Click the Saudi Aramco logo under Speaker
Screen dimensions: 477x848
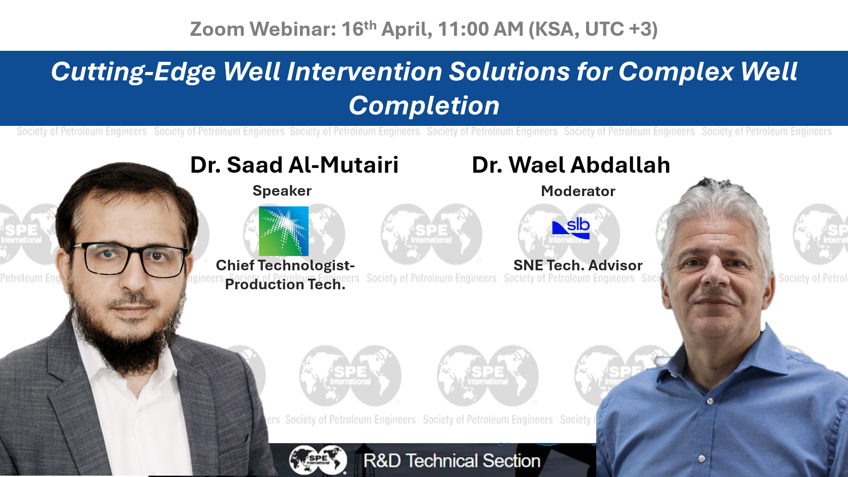(284, 231)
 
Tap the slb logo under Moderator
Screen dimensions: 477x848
(571, 228)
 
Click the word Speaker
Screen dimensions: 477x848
(282, 191)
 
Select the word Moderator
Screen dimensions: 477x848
(578, 191)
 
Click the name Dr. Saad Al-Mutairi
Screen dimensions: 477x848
(294, 165)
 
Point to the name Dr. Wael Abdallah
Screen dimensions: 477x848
(571, 165)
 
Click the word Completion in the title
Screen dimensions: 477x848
(424, 106)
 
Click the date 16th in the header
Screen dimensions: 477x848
(359, 29)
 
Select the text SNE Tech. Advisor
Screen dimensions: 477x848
(578, 265)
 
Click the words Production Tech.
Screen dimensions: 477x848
(285, 284)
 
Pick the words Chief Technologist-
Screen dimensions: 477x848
(285, 265)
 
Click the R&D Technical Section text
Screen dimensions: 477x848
(452, 461)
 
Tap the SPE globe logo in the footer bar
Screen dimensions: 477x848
(318, 460)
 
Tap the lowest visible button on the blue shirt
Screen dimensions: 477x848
(701, 459)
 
